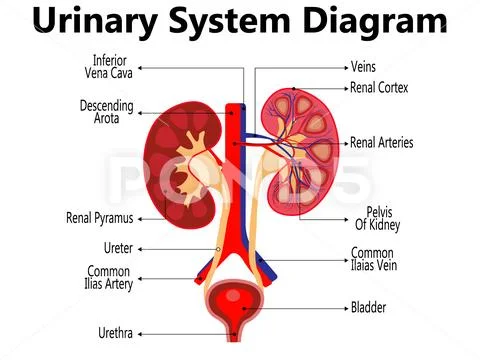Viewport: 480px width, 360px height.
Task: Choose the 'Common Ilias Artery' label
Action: [x=108, y=278]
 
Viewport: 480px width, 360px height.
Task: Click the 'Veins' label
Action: [x=365, y=67]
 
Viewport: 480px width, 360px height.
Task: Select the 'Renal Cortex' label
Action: [x=379, y=88]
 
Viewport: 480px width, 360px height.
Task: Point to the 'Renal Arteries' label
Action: [x=381, y=143]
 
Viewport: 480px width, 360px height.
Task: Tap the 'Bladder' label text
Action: [x=368, y=307]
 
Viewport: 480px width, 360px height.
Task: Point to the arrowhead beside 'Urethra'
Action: [x=141, y=332]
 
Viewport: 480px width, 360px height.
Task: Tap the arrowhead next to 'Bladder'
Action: [x=343, y=307]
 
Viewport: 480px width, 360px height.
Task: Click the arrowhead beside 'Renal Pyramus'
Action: [x=141, y=217]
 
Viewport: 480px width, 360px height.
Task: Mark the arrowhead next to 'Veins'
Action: [x=343, y=68]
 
